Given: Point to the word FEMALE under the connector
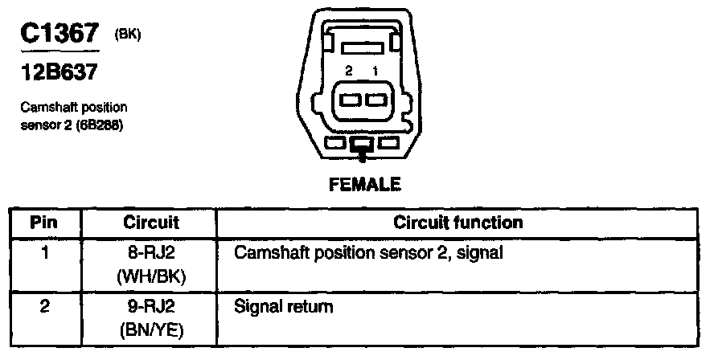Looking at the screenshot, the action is pyautogui.click(x=364, y=186).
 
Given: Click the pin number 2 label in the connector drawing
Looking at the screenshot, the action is pyautogui.click(x=348, y=72).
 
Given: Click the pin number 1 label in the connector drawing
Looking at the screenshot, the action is pyautogui.click(x=375, y=72).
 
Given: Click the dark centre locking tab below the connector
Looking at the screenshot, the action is pyautogui.click(x=362, y=145).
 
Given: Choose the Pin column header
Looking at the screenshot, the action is pyautogui.click(x=44, y=222).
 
